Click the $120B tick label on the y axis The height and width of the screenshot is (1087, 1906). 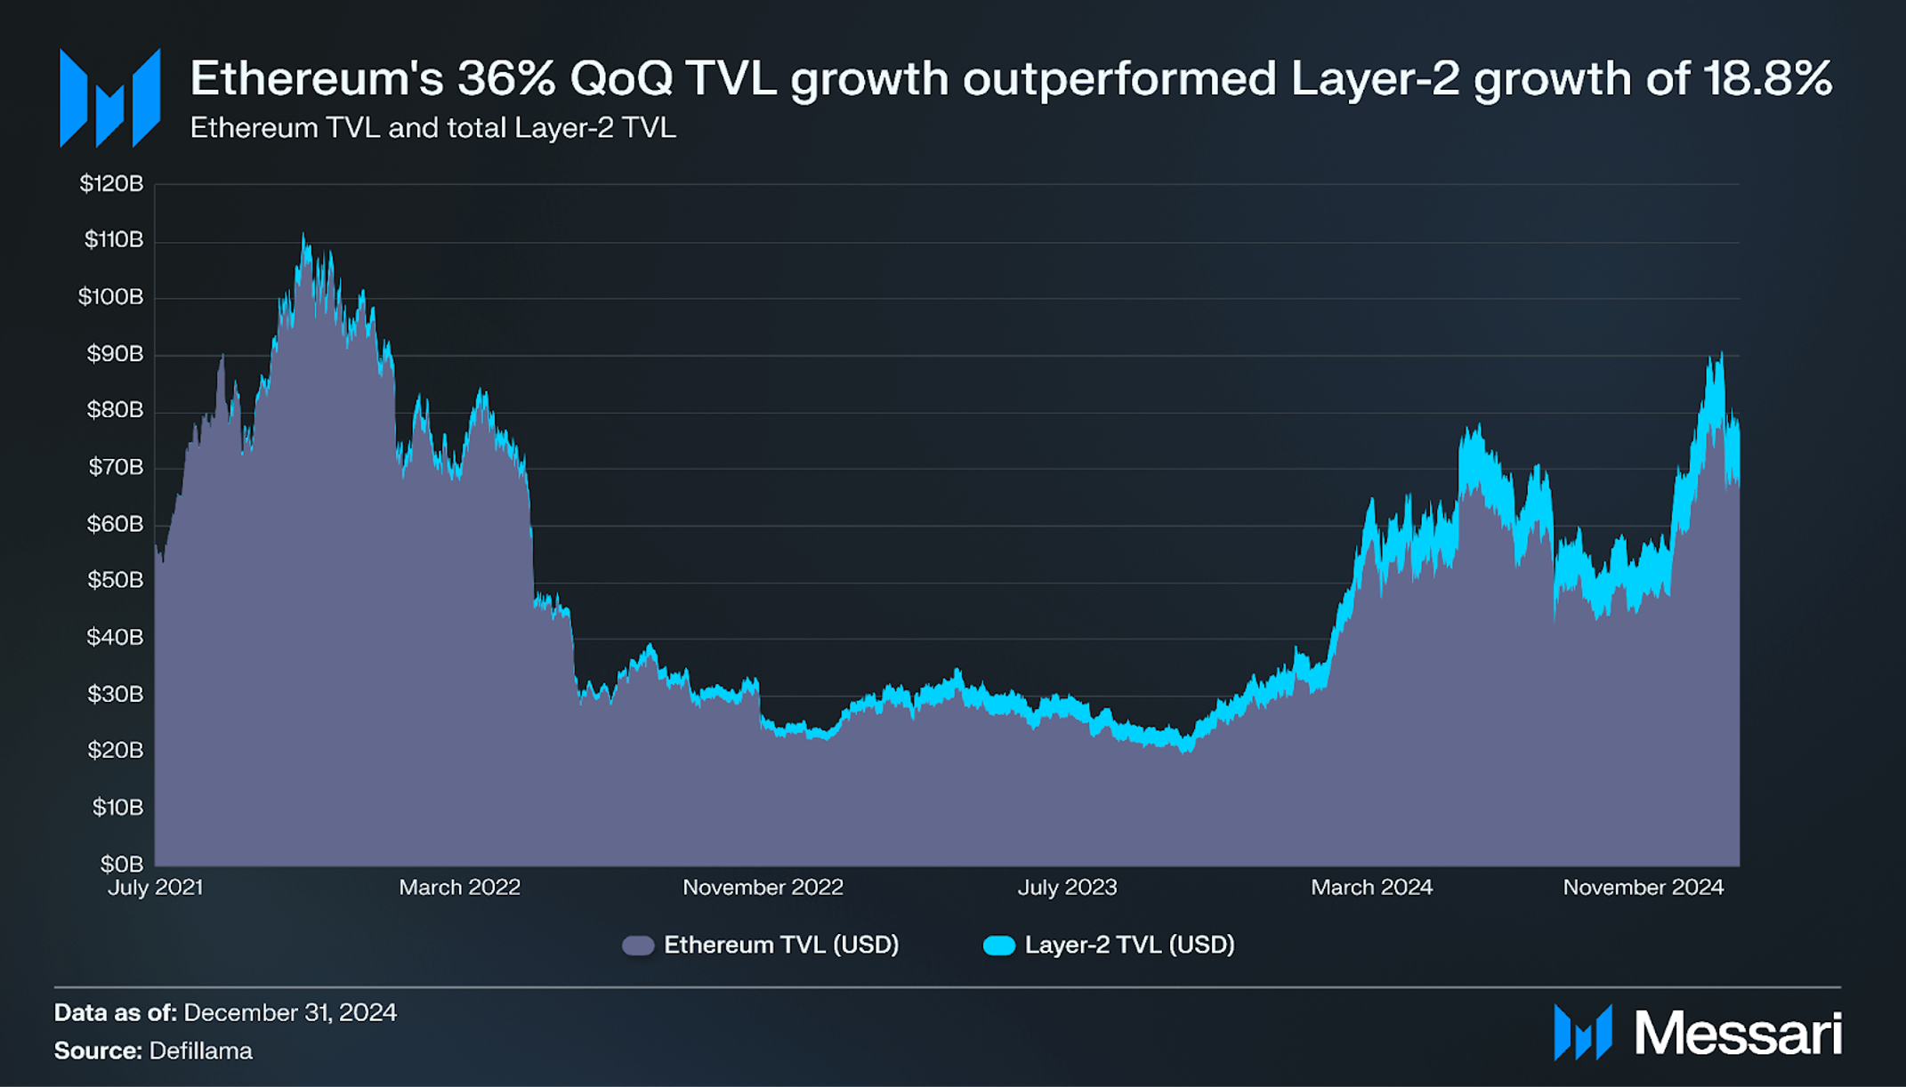click(x=111, y=183)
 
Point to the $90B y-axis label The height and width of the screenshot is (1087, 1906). click(x=115, y=354)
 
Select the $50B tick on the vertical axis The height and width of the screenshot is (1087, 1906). click(x=115, y=580)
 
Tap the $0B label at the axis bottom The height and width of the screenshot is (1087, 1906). click(x=122, y=863)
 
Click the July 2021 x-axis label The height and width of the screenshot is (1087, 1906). click(x=156, y=887)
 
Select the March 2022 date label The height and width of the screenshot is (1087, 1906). click(x=459, y=887)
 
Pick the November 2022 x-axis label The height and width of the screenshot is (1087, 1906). click(x=763, y=887)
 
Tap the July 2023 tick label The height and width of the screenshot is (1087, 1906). click(x=1067, y=887)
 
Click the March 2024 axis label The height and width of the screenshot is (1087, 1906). click(x=1371, y=887)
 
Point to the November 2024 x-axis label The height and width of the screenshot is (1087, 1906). click(x=1643, y=887)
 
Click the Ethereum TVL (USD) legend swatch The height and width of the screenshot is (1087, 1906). click(x=638, y=945)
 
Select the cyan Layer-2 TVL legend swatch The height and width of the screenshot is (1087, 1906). click(x=998, y=945)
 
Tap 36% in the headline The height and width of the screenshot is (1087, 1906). click(x=506, y=78)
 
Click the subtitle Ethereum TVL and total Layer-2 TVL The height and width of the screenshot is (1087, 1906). click(x=433, y=128)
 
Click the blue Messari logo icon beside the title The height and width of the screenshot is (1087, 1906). click(x=109, y=98)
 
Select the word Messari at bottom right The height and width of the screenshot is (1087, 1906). click(x=1737, y=1034)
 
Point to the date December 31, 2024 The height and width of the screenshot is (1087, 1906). click(x=290, y=1012)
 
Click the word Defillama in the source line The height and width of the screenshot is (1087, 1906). click(x=201, y=1051)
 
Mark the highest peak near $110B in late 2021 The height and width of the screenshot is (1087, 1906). click(x=303, y=237)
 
